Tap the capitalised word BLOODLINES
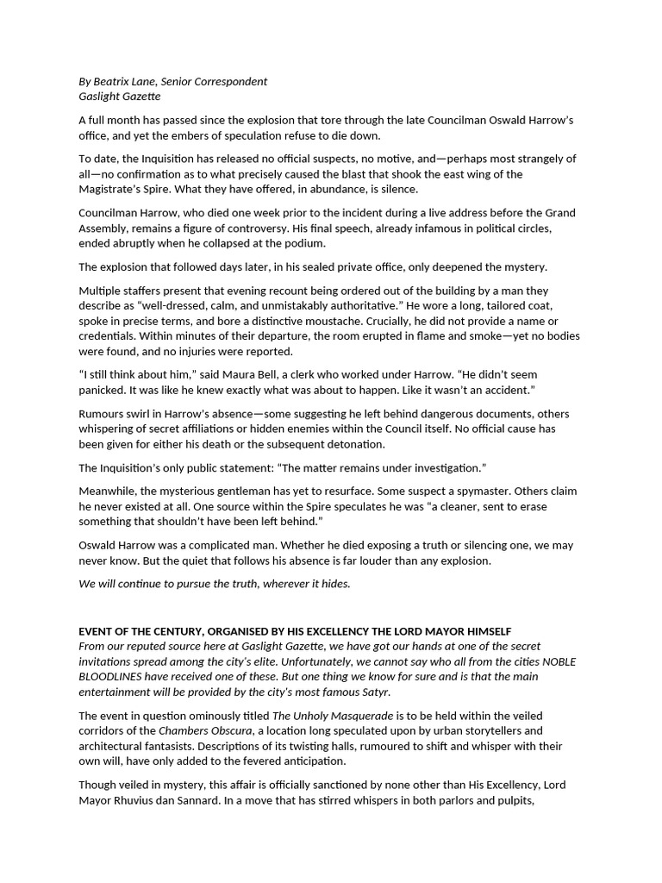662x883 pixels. pyautogui.click(x=115, y=677)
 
